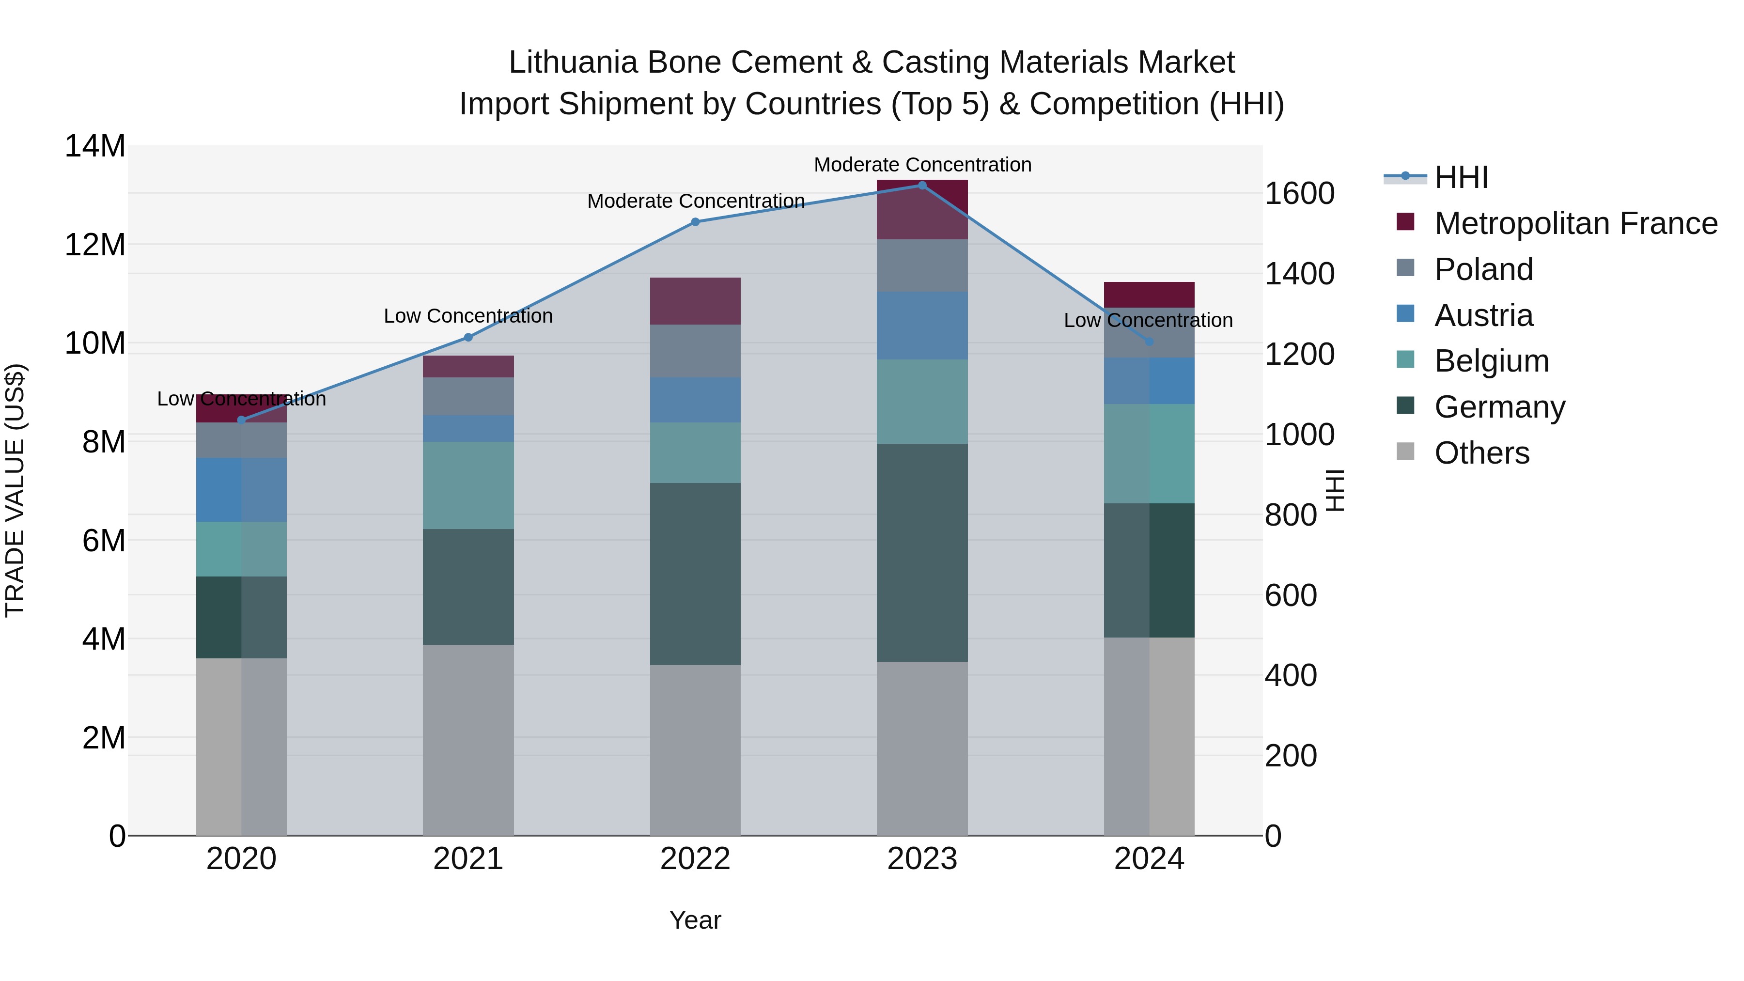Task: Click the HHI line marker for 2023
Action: pos(921,186)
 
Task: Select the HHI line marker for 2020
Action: pos(242,420)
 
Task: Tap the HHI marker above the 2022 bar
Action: pos(695,222)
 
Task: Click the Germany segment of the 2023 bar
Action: pos(921,552)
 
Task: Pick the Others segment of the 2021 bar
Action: pos(468,739)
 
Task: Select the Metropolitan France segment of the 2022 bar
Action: pos(695,301)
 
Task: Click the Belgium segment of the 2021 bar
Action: pos(468,485)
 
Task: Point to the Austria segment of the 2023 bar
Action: pos(921,326)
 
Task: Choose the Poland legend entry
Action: pos(1483,269)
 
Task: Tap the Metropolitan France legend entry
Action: pos(1575,223)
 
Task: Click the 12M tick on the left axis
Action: pos(95,245)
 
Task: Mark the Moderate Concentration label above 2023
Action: pos(922,165)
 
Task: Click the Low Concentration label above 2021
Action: pos(468,316)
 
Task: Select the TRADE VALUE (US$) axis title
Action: pos(15,490)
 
